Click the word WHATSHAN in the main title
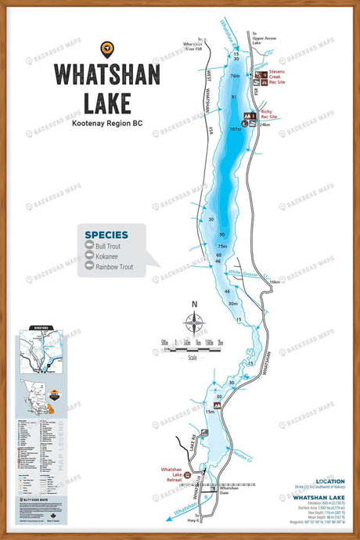[106, 76]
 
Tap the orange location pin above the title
[106, 49]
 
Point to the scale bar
[193, 344]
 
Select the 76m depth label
[235, 76]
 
